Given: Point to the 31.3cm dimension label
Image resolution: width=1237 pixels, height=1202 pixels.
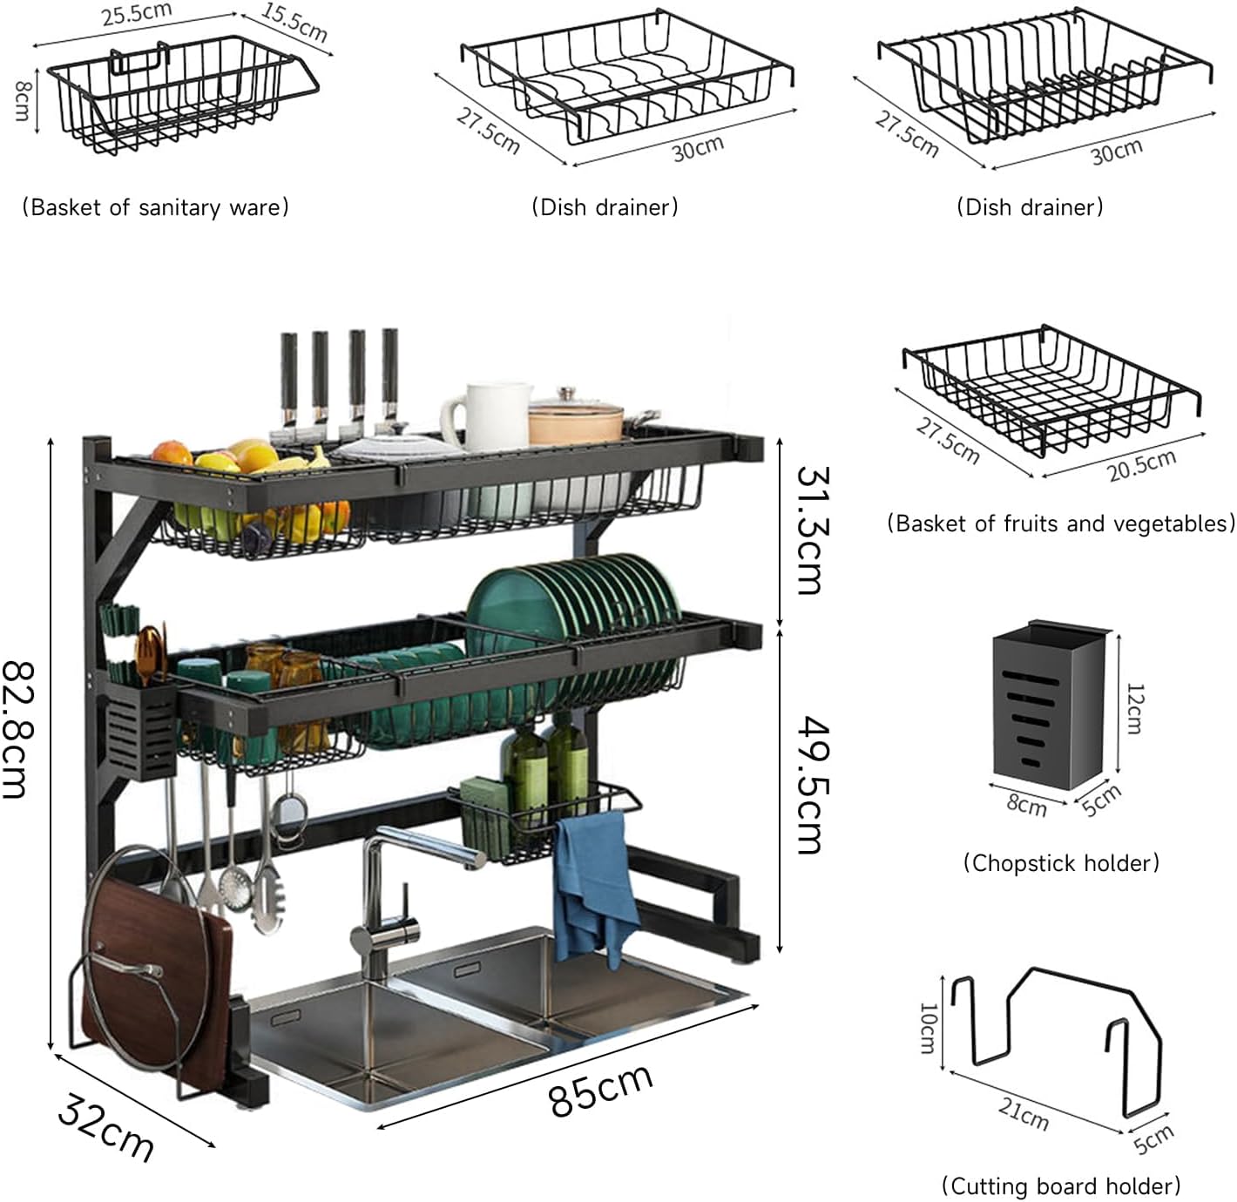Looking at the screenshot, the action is (x=809, y=530).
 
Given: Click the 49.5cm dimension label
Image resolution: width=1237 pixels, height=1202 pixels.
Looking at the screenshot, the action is (x=809, y=785).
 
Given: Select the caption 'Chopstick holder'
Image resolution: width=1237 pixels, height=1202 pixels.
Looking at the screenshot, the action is (x=1061, y=862).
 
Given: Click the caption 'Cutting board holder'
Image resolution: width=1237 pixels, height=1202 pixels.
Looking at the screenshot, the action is (x=1060, y=1185).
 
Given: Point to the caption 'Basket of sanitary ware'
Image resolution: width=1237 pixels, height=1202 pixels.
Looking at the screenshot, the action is (x=155, y=207).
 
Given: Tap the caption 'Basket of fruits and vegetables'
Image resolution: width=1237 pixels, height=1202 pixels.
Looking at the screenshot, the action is (x=1061, y=523).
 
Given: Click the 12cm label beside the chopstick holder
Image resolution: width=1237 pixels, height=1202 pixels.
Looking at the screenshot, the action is (x=1134, y=709).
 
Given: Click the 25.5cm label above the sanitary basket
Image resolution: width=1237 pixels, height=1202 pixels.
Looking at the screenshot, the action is (x=137, y=14).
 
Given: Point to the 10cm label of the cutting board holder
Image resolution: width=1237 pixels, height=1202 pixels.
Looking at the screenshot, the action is (x=929, y=1028).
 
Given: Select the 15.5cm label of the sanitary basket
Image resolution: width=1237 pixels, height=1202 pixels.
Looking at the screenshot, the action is (x=294, y=23).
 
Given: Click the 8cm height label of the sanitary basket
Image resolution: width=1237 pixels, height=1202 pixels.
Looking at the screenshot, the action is (x=22, y=100).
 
